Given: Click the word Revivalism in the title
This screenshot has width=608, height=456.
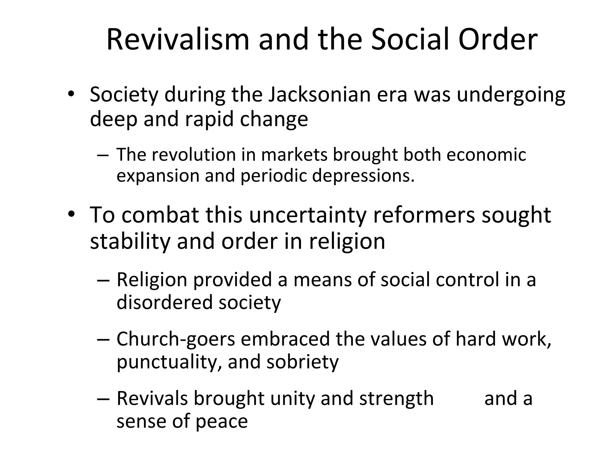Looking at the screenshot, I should click(178, 40).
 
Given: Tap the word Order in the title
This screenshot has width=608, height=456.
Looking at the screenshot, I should click(498, 40).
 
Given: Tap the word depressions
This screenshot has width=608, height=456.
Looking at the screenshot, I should click(363, 176).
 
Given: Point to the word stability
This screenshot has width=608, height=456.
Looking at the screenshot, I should click(130, 241).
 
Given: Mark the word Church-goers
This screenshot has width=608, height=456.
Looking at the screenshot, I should click(176, 339).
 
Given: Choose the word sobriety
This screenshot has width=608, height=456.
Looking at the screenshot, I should click(303, 362).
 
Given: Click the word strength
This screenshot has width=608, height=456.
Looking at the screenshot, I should click(396, 398).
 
